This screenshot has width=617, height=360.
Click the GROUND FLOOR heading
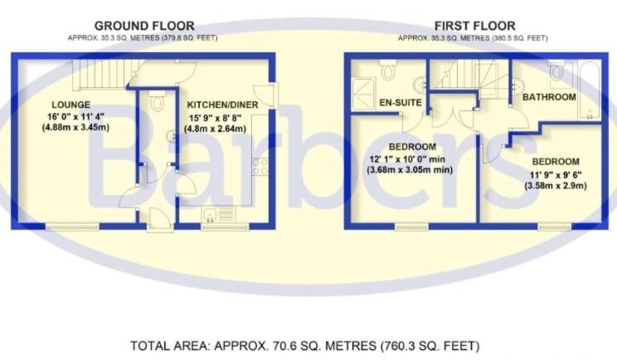pyautogui.click(x=144, y=26)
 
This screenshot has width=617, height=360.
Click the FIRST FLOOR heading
pyautogui.click(x=475, y=26)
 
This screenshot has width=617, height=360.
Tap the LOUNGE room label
pyautogui.click(x=70, y=105)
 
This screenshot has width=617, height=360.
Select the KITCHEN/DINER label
pyautogui.click(x=222, y=105)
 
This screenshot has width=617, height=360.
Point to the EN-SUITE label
pyautogui.click(x=401, y=103)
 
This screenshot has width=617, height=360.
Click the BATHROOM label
pyautogui.click(x=549, y=97)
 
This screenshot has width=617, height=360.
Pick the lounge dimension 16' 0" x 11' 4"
pyautogui.click(x=75, y=116)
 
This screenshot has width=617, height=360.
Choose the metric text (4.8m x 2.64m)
pyautogui.click(x=215, y=129)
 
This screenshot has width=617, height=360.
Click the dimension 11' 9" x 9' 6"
pyautogui.click(x=556, y=174)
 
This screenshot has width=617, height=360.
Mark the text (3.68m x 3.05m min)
pyautogui.click(x=410, y=170)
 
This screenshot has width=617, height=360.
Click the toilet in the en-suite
pyautogui.click(x=388, y=70)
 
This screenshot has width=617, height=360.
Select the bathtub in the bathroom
pyautogui.click(x=590, y=91)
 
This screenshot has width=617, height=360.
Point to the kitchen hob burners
pyautogui.click(x=260, y=166)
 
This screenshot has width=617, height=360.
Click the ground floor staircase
pyautogui.click(x=102, y=74)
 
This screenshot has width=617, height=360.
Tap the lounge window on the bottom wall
pyautogui.click(x=72, y=226)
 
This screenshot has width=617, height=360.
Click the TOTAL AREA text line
pyautogui.click(x=305, y=346)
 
